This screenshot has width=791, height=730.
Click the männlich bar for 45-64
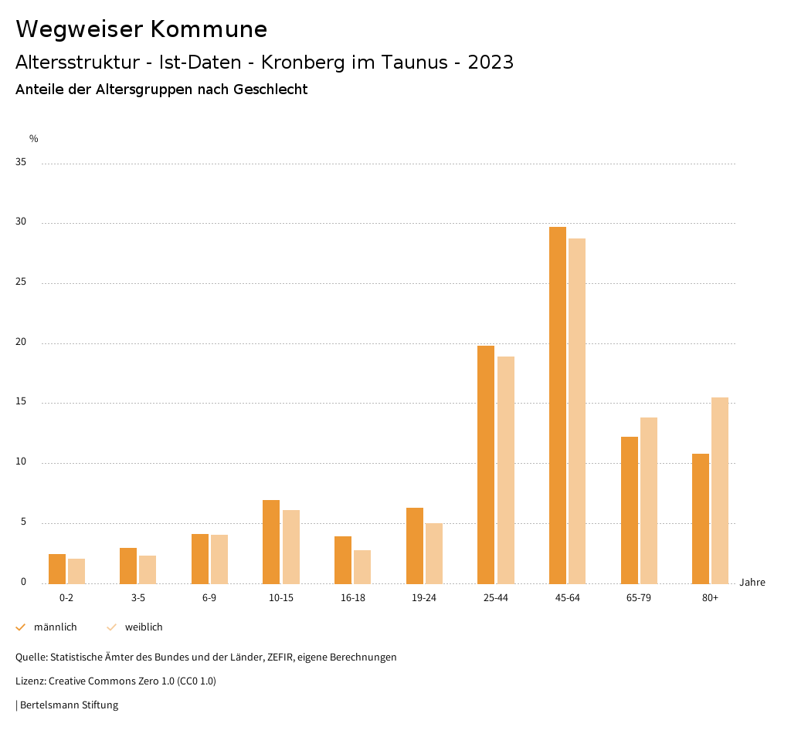coord(558,405)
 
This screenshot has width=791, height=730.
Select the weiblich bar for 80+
coord(720,490)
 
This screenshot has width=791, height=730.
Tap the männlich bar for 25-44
coord(486,465)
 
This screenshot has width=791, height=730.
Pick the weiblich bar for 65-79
coord(649,500)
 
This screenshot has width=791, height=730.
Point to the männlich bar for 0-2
coord(57,569)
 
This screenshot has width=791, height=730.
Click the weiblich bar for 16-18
coord(362,566)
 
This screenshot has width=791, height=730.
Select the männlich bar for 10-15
coord(271,542)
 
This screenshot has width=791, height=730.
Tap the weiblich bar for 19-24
coord(434,553)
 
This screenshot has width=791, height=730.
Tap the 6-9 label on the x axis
coord(209,598)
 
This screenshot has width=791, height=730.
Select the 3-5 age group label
coord(138,598)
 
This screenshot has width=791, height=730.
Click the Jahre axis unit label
coord(752,583)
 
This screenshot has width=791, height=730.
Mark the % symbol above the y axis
coord(34,139)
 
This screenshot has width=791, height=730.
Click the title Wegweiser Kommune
coord(141,29)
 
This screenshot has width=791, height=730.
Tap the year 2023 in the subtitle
coord(491,63)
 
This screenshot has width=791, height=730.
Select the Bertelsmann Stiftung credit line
coord(69,705)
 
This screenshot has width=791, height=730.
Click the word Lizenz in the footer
coord(30,681)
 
